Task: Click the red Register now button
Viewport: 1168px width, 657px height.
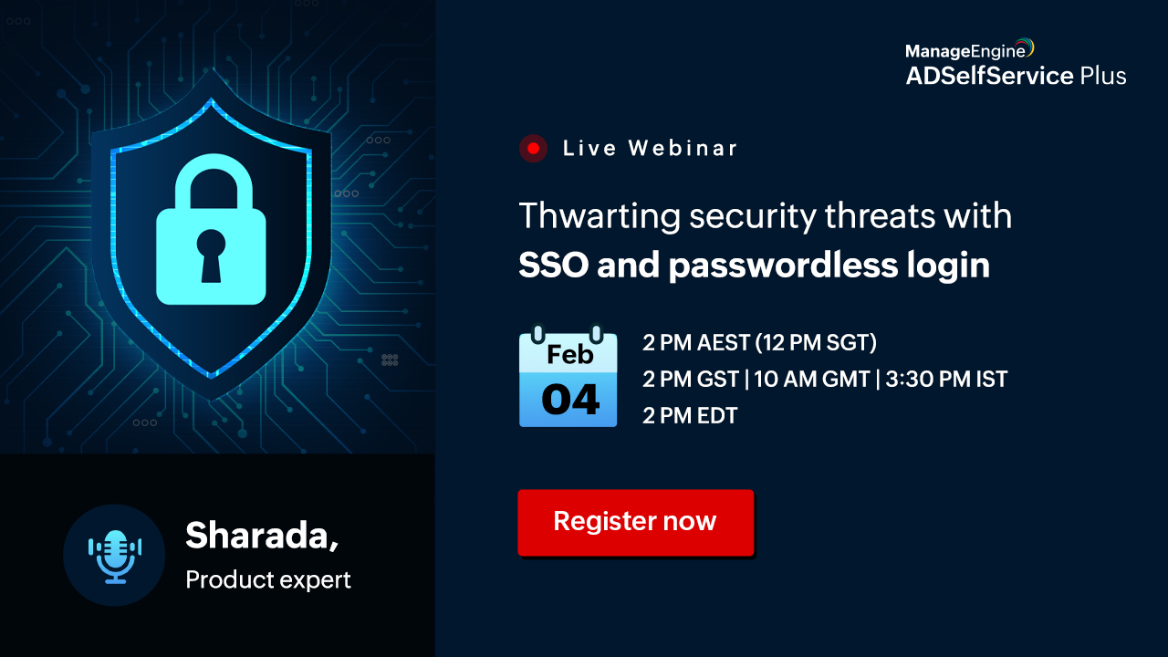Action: pos(636,523)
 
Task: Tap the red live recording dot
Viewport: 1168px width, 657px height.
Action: pos(533,149)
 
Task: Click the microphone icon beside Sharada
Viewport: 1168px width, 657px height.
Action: pos(115,557)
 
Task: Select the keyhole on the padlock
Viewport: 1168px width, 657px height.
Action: pos(211,255)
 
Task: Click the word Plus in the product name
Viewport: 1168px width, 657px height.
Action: pos(1103,76)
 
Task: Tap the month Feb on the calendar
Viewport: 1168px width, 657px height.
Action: pos(570,355)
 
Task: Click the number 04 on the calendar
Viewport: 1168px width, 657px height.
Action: pos(570,401)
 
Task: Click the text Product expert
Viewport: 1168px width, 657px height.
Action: pos(268,580)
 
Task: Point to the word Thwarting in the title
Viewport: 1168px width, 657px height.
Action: pos(600,217)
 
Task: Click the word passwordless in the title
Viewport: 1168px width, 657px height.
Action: pos(783,266)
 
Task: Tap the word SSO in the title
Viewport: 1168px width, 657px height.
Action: pos(554,265)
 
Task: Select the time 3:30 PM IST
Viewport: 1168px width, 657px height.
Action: pos(946,379)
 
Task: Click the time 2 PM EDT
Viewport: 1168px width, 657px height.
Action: pos(690,415)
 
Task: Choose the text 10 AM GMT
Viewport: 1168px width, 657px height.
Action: pos(812,379)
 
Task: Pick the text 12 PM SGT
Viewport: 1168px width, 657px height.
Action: pos(817,343)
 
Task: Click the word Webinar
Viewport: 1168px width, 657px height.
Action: pos(683,149)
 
